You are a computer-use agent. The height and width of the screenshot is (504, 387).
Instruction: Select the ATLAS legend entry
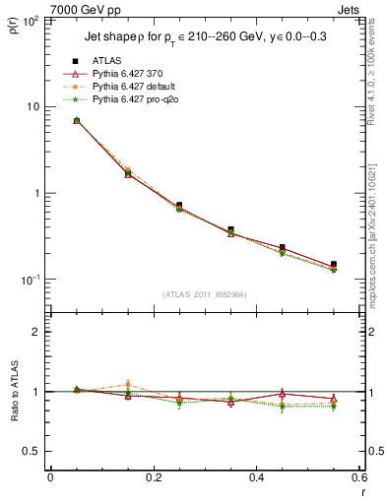coord(108,61)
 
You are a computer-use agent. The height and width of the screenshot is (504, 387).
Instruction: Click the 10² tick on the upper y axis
coord(28,20)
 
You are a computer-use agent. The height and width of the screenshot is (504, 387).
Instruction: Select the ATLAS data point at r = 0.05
coord(76,120)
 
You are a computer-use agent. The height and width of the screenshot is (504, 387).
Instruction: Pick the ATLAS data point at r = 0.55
coord(334,265)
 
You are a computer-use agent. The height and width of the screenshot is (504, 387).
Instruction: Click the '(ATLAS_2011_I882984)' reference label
coord(204,294)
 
